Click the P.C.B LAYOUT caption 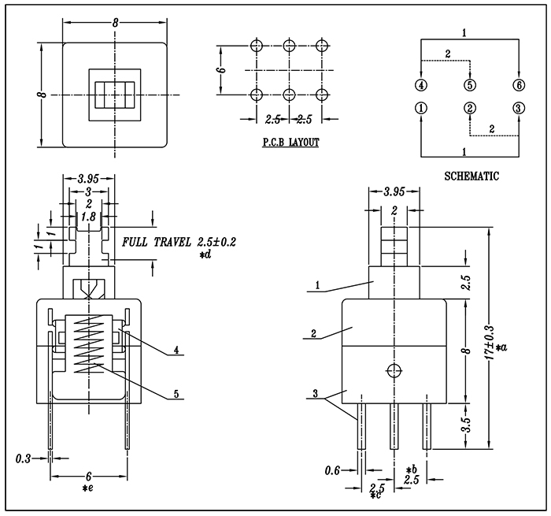pos(291,143)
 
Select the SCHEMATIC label pos(471,176)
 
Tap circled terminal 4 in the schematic pos(421,85)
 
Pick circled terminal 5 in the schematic pos(470,85)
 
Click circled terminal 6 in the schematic pos(519,85)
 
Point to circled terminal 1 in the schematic pos(421,108)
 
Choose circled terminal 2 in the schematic pos(470,108)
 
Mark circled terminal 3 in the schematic pos(519,108)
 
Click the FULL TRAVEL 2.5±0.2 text pos(179,242)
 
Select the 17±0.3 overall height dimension pos(490,343)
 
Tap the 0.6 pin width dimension pos(332,470)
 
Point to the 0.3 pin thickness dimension pos(23,458)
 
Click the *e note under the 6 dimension pos(88,488)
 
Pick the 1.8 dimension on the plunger pos(88,217)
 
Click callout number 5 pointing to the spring pos(176,394)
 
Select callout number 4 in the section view pos(176,350)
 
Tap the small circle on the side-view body pos(394,370)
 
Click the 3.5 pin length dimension pos(466,425)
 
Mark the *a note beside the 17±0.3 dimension pos(501,347)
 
